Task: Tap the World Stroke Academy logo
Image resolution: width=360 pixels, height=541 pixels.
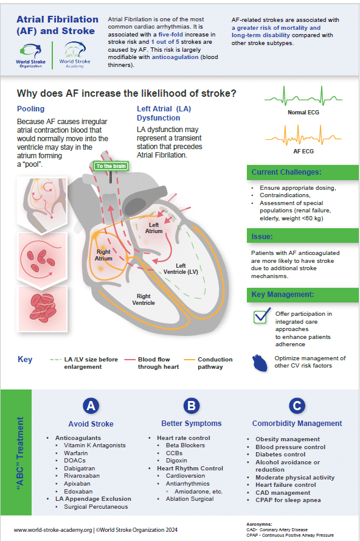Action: tap(74, 55)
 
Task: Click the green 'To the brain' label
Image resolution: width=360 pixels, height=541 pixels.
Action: tap(111, 166)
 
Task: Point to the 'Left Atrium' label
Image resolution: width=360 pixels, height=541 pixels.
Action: tap(154, 228)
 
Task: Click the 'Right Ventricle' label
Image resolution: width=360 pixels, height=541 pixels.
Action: tap(145, 299)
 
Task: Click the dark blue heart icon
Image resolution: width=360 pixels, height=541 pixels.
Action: tap(260, 363)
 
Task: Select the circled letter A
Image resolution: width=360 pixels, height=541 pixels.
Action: tap(91, 406)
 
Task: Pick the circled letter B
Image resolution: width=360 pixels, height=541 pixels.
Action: tap(191, 406)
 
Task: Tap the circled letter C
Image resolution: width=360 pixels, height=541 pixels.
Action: tap(296, 406)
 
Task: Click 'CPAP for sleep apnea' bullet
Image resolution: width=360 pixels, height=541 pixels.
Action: tap(288, 500)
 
